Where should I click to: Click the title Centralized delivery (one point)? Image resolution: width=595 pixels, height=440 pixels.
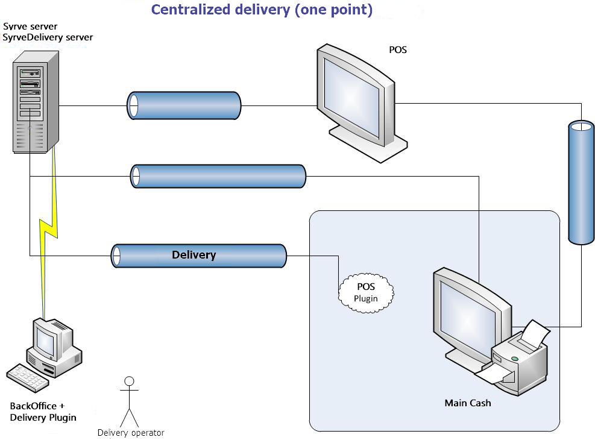[261, 10]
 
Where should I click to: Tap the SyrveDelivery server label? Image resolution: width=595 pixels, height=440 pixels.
[48, 37]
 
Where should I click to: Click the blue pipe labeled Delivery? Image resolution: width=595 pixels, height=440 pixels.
[198, 256]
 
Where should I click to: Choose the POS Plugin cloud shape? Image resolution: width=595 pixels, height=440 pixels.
[366, 292]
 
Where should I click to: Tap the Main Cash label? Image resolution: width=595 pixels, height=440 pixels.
[468, 403]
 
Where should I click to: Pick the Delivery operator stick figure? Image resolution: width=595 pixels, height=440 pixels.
[128, 401]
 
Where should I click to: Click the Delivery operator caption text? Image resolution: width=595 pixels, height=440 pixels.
[131, 433]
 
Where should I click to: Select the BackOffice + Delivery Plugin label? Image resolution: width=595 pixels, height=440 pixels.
[43, 412]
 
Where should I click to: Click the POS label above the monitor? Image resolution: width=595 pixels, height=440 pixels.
[398, 49]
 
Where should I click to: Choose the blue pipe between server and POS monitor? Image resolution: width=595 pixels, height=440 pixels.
[183, 105]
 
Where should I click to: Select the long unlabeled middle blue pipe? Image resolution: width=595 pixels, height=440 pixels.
[218, 176]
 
